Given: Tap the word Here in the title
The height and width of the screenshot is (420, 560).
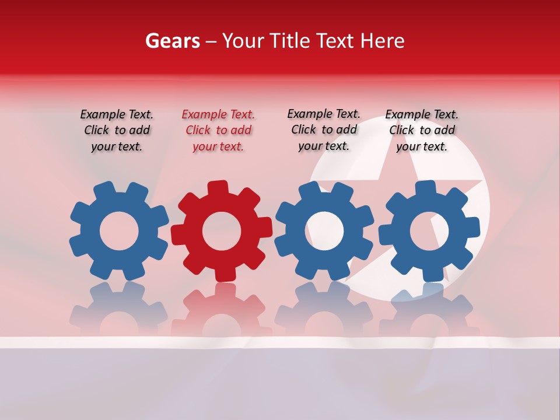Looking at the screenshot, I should pos(382,41).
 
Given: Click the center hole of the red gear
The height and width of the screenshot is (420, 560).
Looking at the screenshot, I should pos(222,231).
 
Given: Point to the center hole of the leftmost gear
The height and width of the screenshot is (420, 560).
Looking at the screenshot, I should pos(119,231).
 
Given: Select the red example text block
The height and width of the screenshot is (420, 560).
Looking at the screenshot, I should pos(218,131).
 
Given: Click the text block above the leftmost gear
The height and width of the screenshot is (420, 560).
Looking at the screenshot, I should pos(117,131).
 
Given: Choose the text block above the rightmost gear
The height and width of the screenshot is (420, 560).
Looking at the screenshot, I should pos(422,131).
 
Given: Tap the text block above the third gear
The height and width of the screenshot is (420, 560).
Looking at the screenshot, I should pos(324,130).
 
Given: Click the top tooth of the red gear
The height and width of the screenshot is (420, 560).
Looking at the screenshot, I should pos(217,188).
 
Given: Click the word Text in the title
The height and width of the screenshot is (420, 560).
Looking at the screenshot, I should pos(335,41).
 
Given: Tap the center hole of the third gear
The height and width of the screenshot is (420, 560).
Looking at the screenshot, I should pos(324,230).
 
